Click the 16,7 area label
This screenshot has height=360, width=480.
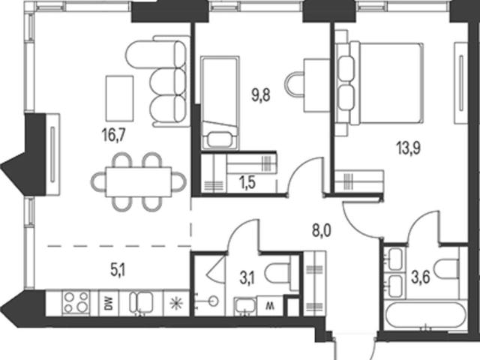(114, 135)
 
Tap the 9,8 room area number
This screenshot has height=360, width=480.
(261, 95)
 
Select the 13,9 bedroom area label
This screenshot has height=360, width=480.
(409, 148)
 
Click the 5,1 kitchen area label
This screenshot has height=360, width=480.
(118, 271)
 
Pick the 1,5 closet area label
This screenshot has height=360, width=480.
(247, 183)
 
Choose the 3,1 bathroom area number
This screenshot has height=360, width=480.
(247, 279)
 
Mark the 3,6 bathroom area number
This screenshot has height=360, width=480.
(421, 277)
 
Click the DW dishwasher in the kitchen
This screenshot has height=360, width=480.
(109, 303)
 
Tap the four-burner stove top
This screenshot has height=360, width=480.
(76, 302)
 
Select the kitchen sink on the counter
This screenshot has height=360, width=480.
(141, 302)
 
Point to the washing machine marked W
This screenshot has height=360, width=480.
(270, 305)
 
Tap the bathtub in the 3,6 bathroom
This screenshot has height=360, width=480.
(426, 316)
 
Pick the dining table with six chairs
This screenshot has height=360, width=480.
(138, 182)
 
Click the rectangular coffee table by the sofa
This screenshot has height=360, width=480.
(120, 98)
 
